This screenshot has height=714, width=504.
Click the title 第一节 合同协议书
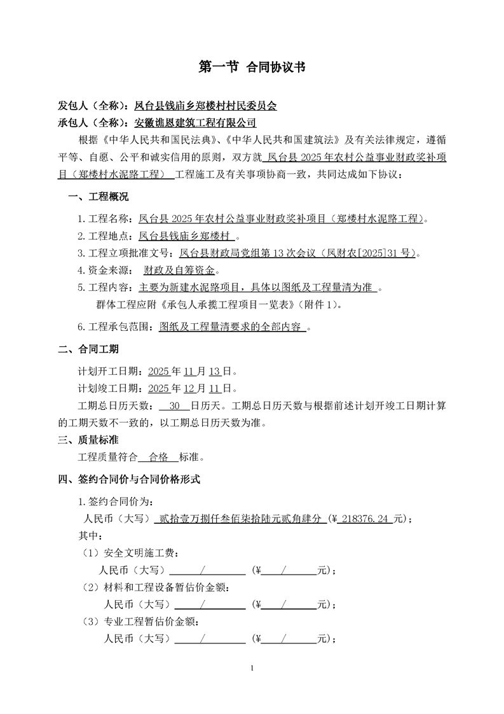click(252, 67)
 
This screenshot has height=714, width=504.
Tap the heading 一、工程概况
click(99, 196)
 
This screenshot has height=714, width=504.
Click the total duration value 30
click(177, 405)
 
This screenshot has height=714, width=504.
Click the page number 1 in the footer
click(252, 668)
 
